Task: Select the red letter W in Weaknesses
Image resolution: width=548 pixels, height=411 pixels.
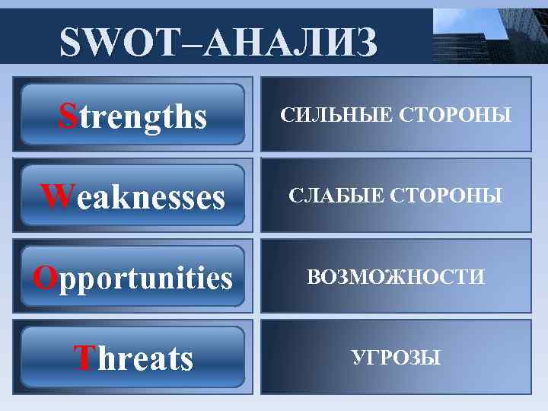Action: pos(55,196)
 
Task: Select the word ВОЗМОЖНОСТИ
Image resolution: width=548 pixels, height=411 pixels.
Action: pos(395,277)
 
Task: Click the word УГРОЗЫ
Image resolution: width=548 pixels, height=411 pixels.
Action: pos(395,357)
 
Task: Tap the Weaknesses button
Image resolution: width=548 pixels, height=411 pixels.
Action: pos(133,196)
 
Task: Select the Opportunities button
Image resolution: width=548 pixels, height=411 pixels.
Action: pos(133,277)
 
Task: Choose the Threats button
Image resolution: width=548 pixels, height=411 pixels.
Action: pos(133,357)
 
